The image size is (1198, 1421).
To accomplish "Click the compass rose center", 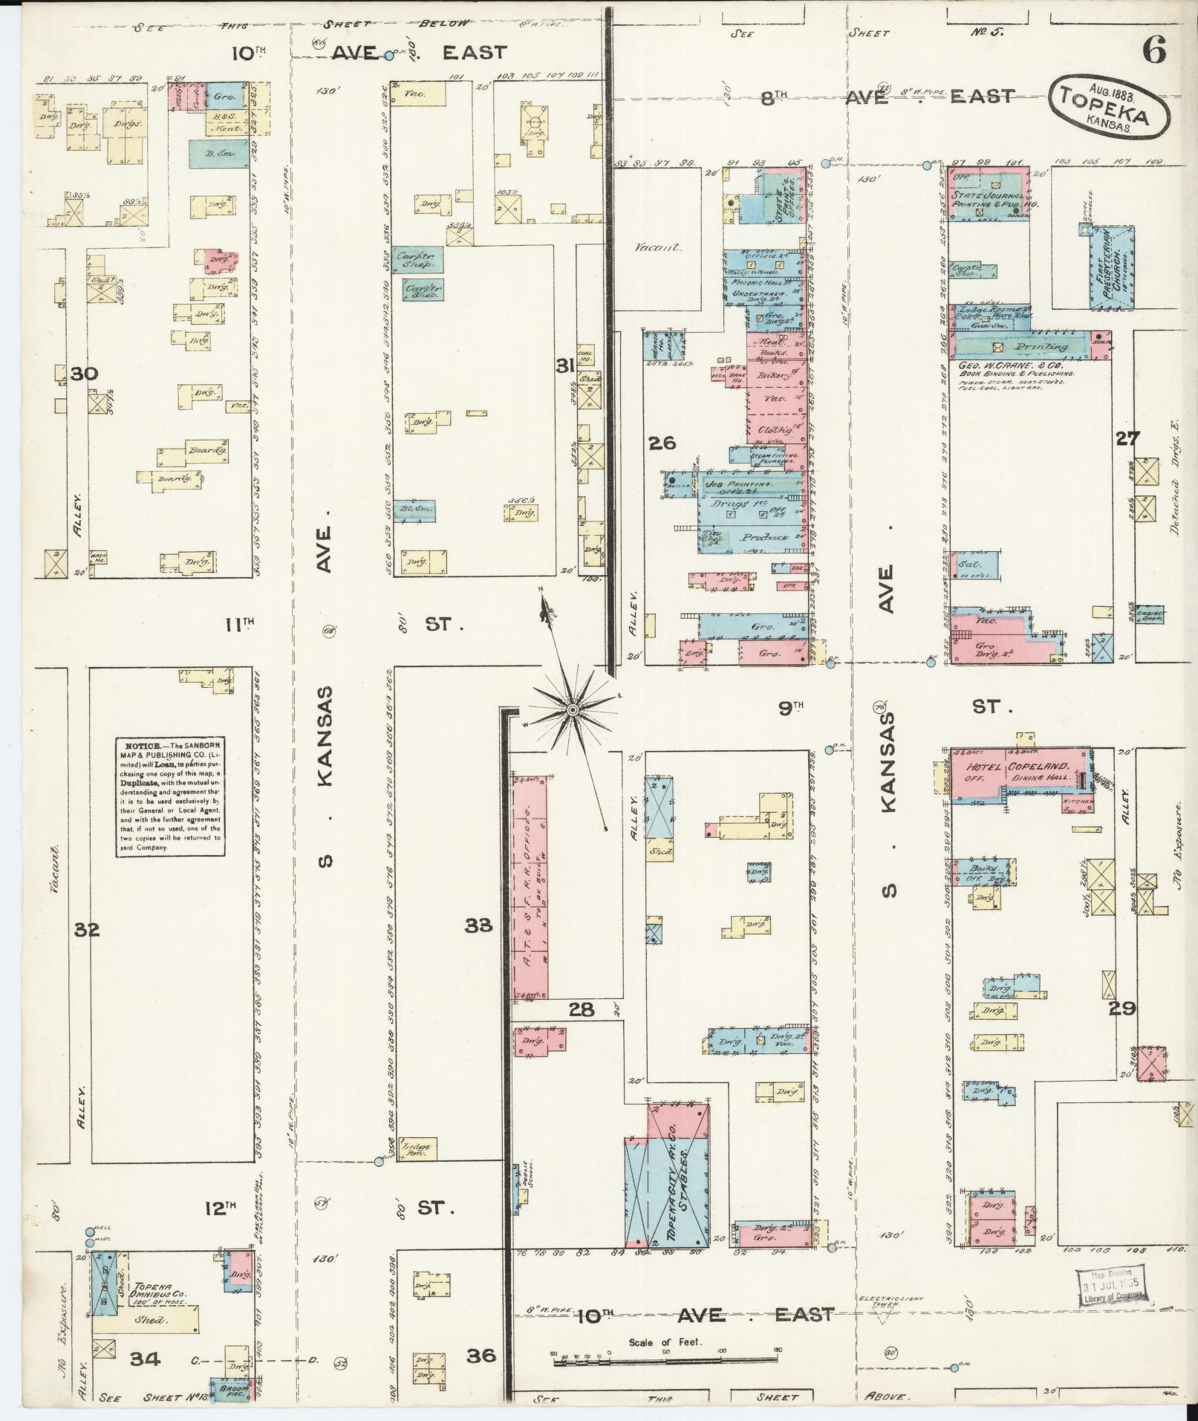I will pyautogui.click(x=573, y=711).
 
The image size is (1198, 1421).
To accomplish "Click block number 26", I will pyautogui.click(x=662, y=443).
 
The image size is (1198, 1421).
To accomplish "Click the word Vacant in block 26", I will pyautogui.click(x=657, y=248).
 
